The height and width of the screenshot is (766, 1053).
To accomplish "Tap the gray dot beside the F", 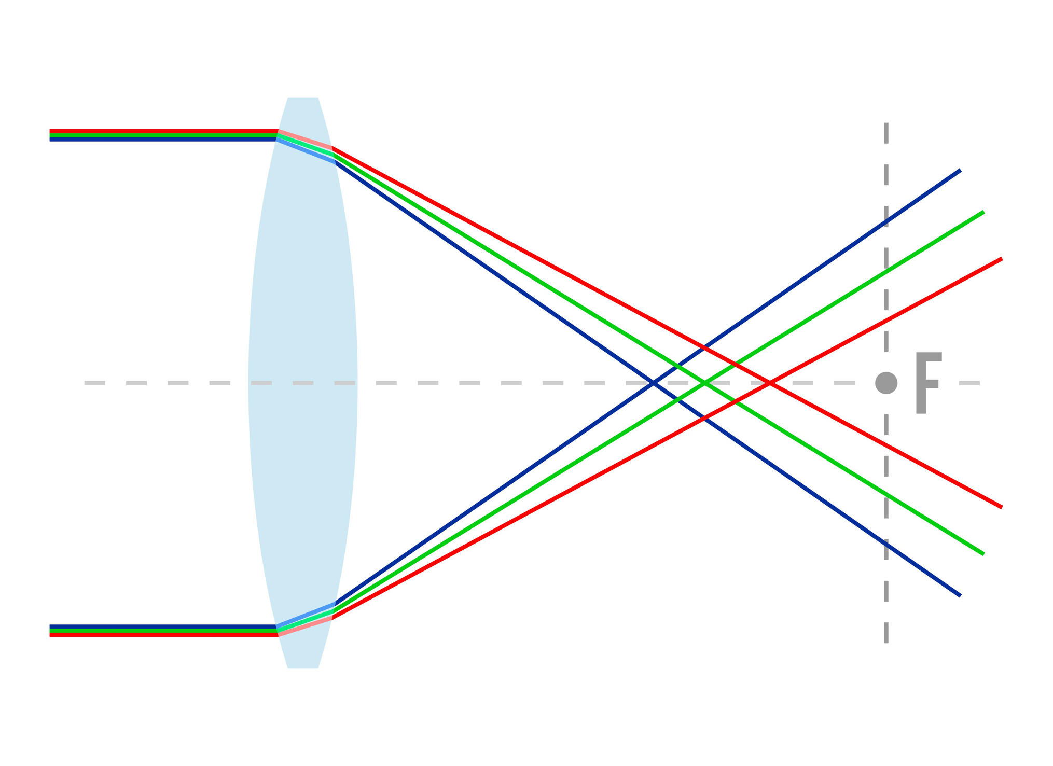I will (x=886, y=383).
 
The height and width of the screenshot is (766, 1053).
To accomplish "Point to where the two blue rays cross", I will (x=654, y=383).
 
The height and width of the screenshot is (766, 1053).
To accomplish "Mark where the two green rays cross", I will (x=704, y=383).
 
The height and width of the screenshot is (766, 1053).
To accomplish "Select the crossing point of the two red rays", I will (x=770, y=383).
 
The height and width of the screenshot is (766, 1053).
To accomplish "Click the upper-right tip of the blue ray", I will (x=960, y=171).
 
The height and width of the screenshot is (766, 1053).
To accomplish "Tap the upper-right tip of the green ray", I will (x=982, y=212).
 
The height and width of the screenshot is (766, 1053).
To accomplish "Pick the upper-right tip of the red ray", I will (x=1001, y=259).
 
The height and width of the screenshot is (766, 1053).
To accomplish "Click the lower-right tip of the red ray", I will (x=1001, y=507).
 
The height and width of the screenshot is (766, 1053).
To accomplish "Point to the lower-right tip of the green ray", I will (x=982, y=554).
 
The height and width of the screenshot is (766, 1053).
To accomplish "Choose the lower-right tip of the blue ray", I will (x=960, y=595).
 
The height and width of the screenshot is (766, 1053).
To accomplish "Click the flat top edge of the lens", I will (x=302, y=98).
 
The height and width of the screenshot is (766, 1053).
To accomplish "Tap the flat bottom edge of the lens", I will (x=302, y=667).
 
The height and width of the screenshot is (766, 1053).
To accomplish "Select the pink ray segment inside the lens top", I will (x=305, y=140).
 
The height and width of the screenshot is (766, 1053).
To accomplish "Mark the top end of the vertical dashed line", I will (x=886, y=124).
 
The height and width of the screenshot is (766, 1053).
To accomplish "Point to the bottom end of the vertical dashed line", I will (x=886, y=642).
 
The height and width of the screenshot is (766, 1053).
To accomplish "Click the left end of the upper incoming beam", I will (x=51, y=135).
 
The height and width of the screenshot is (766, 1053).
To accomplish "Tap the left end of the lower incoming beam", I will (x=51, y=631).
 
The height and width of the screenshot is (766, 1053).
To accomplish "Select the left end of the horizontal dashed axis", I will (x=86, y=383).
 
